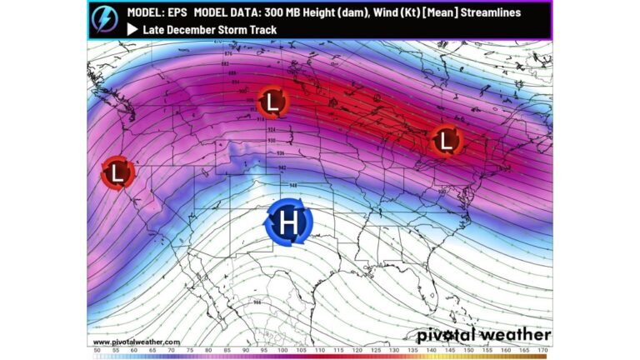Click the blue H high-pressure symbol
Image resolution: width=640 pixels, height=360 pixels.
pos(288,222)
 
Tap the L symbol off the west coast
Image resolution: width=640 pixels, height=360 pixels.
pos(117,173)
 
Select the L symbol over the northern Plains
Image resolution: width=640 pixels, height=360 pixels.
pos(272,103)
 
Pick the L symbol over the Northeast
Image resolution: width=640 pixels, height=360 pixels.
pos(447,141)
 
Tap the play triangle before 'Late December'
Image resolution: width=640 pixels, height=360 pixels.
pos(132,29)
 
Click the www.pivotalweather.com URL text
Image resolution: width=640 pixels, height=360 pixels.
pos(137,342)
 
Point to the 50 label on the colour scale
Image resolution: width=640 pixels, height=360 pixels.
pos(98,352)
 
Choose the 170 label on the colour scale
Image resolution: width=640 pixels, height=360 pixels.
pos(543,352)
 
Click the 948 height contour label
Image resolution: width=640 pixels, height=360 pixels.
pos(292,184)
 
